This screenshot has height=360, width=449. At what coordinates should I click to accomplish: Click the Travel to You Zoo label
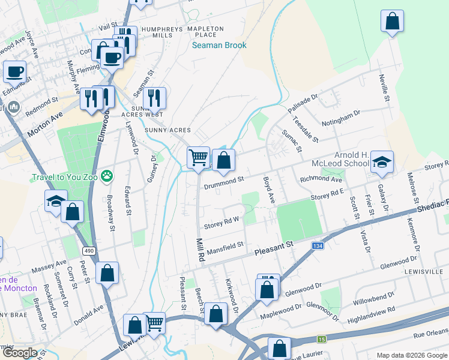(65, 178)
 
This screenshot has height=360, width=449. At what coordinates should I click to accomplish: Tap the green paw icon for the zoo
(107, 176)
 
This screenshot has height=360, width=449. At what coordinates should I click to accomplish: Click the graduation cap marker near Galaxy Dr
(382, 162)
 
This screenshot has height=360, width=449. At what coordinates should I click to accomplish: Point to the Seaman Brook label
(219, 45)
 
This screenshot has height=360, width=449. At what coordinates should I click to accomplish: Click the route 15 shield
(322, 339)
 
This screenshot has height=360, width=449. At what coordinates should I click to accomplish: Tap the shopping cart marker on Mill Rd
(198, 158)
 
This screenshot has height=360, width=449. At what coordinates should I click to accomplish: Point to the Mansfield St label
(224, 245)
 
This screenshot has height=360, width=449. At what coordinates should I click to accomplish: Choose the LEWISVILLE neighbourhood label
(428, 271)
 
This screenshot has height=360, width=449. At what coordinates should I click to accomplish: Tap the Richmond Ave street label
(321, 179)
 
